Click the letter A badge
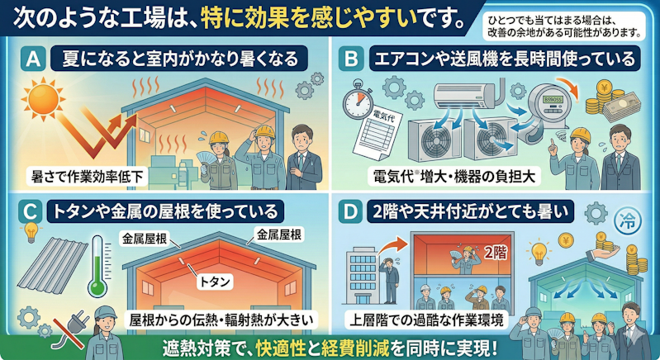click(x=33, y=59)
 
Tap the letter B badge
click(x=350, y=59)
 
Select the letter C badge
click(x=31, y=211)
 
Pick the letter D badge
click(x=350, y=211)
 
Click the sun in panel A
click(x=43, y=99)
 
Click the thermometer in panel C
click(x=97, y=266)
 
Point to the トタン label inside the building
click(x=215, y=282)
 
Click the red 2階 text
click(x=496, y=253)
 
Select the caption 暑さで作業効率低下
click(x=87, y=177)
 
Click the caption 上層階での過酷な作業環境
click(x=426, y=320)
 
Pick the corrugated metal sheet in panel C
click(x=53, y=265)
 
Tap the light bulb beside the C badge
click(x=31, y=232)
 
